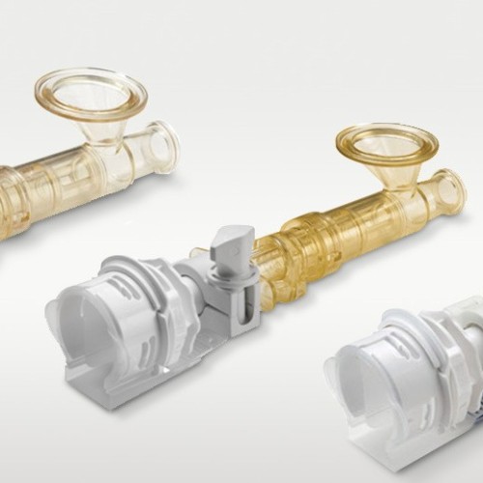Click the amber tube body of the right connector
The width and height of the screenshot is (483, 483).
pyautogui.click(x=338, y=232)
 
